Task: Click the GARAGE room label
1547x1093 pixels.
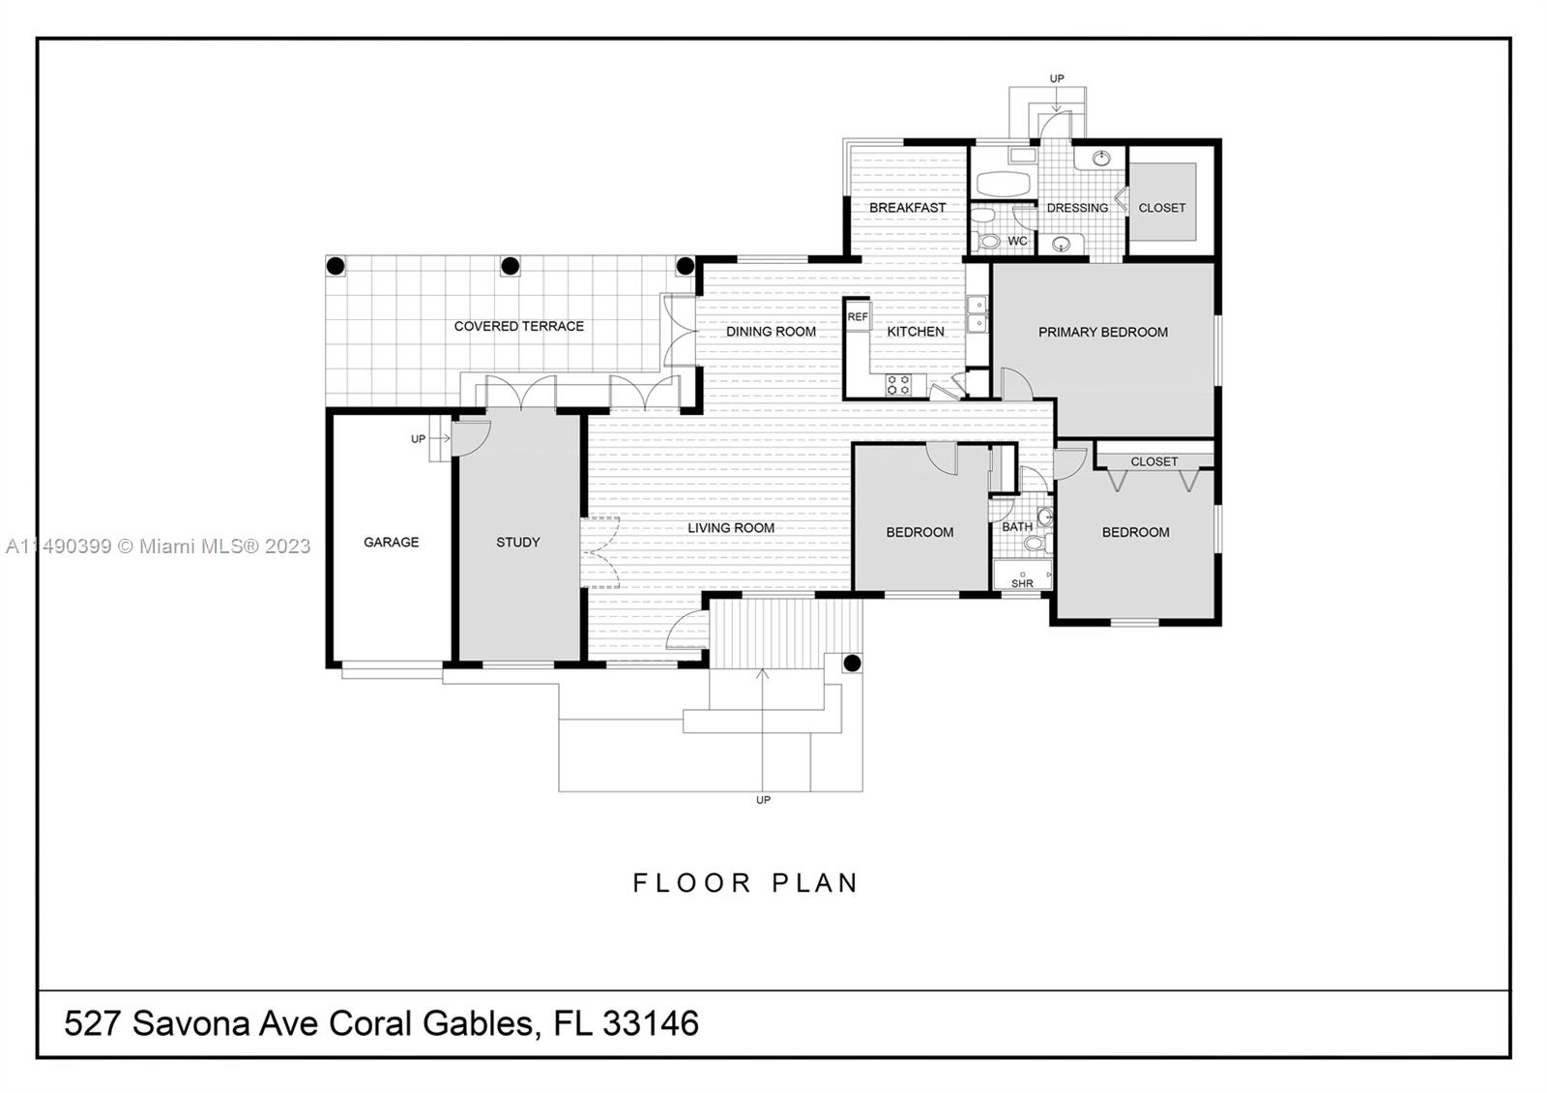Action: (391, 543)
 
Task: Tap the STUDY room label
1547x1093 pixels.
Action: (518, 543)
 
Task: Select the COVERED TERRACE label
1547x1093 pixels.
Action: (519, 327)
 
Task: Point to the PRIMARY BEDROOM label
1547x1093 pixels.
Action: (1103, 333)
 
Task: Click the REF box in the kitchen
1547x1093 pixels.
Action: (858, 317)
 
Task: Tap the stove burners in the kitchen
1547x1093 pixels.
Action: (898, 384)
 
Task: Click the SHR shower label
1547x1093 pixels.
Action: (1022, 583)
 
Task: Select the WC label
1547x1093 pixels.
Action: (1017, 242)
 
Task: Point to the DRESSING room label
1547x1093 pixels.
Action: (1077, 208)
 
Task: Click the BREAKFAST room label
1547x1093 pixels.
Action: (907, 208)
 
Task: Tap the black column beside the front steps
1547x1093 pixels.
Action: (852, 664)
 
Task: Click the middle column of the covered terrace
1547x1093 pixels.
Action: (510, 265)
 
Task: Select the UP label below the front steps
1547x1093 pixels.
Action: (763, 801)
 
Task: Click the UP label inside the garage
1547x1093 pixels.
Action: (418, 439)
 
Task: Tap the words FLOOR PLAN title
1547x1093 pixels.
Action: (745, 883)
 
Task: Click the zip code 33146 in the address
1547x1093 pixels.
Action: (650, 1023)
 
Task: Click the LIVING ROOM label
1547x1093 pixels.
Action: (731, 528)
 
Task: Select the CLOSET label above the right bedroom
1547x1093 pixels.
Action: (1154, 462)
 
